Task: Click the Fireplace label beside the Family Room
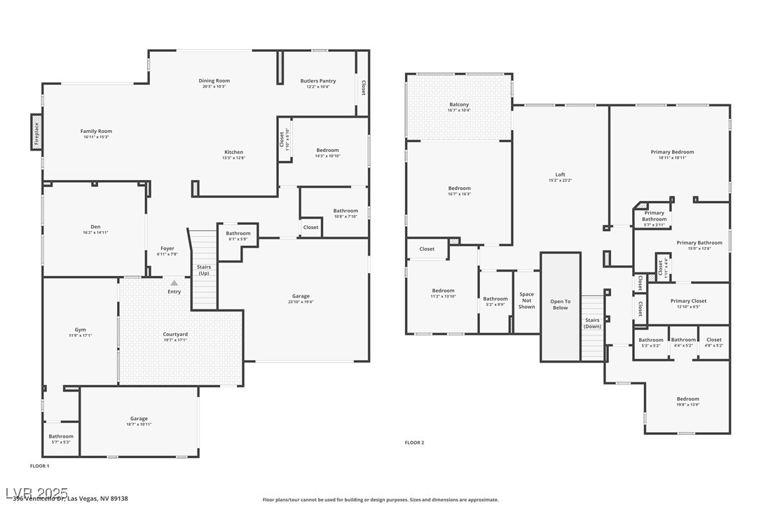[36, 132]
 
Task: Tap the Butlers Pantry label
[318, 81]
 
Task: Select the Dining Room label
[214, 81]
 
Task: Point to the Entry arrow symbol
[174, 283]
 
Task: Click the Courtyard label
[175, 334]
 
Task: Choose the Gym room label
[81, 329]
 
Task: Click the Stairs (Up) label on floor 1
[203, 270]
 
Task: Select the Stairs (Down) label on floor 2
[593, 323]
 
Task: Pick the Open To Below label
[561, 305]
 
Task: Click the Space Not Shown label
[526, 300]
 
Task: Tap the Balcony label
[459, 104]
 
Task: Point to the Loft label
[560, 174]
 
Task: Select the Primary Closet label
[688, 300]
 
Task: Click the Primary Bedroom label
[672, 152]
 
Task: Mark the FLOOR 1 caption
[39, 466]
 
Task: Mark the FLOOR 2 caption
[414, 443]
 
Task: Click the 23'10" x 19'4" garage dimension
[301, 302]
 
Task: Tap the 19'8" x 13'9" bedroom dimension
[687, 405]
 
